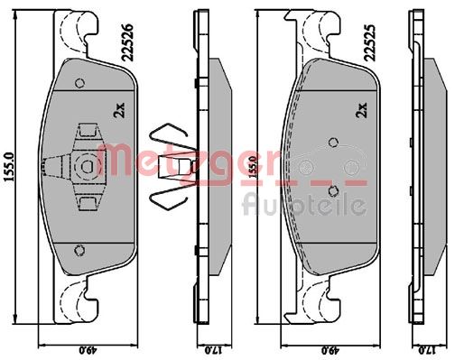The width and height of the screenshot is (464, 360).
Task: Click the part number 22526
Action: [x=128, y=42]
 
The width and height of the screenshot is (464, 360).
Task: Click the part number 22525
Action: [x=371, y=42]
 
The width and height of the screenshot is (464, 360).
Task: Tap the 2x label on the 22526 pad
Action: [x=118, y=110]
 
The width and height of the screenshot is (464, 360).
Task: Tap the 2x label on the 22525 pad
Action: [x=361, y=110]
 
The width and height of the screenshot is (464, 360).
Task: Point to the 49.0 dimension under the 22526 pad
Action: [x=88, y=350]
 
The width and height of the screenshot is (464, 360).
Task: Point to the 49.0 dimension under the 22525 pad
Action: [x=331, y=350]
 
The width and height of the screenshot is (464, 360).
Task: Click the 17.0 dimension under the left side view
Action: [x=213, y=350]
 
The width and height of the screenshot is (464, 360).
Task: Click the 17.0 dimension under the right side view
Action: [x=426, y=350]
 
